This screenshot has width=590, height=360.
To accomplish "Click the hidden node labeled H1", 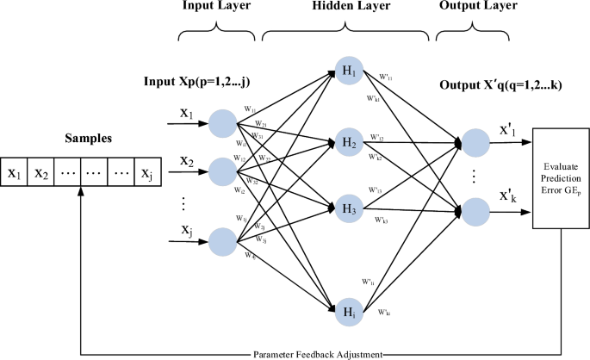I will tap(350, 71).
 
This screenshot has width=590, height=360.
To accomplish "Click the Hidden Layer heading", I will tap(345, 7).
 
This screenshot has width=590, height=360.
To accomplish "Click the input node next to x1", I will tap(222, 123).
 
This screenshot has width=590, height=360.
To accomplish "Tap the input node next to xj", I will tap(222, 242).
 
